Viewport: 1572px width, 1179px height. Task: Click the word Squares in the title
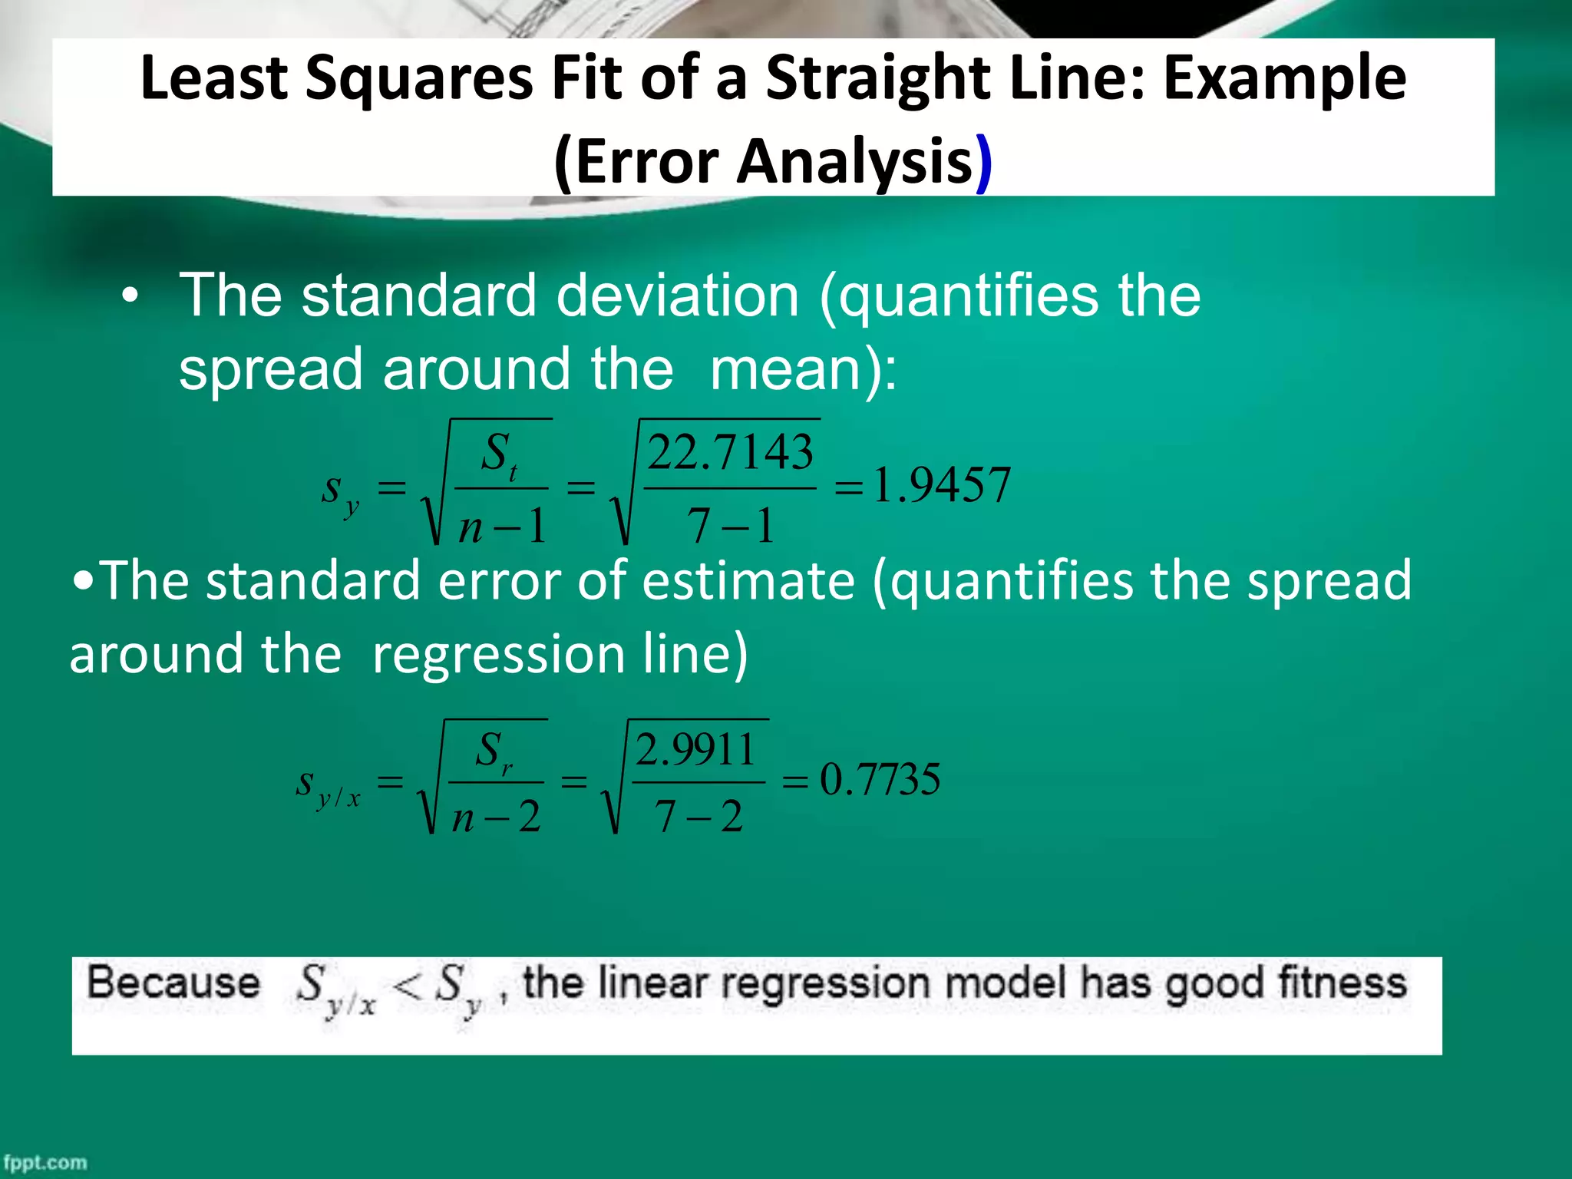point(418,80)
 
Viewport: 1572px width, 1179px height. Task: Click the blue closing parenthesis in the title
point(983,163)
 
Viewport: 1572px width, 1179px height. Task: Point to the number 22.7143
point(730,452)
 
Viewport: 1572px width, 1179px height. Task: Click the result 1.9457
point(942,486)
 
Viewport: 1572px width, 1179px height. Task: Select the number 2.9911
point(695,750)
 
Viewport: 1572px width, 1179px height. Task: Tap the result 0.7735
point(880,780)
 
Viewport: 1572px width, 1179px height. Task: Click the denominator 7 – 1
point(730,527)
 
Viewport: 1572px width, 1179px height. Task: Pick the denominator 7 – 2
point(698,816)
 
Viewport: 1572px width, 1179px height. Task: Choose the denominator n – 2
point(497,817)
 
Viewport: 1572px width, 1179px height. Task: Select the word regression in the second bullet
point(498,654)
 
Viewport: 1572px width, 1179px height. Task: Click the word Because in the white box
point(173,983)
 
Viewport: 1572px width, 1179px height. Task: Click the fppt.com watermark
point(45,1162)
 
